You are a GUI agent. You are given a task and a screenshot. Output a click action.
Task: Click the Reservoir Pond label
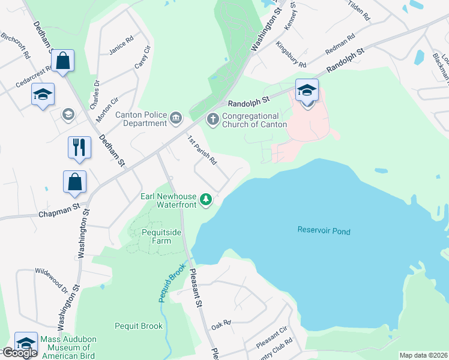[x=324, y=231]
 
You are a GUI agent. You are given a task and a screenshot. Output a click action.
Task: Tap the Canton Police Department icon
[x=175, y=116]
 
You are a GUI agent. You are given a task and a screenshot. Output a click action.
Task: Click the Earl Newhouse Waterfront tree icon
[x=206, y=199]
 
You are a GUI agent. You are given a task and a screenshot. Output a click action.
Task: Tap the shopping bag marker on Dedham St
[x=62, y=61]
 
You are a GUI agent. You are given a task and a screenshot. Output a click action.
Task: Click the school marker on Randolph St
[x=307, y=92]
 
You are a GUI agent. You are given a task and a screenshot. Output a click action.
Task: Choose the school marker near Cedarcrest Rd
[x=43, y=94]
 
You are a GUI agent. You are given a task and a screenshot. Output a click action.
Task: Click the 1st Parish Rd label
[x=202, y=151]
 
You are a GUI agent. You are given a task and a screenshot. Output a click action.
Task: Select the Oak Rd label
[x=221, y=326]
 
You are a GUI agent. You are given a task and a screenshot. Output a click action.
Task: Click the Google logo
[x=19, y=353]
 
